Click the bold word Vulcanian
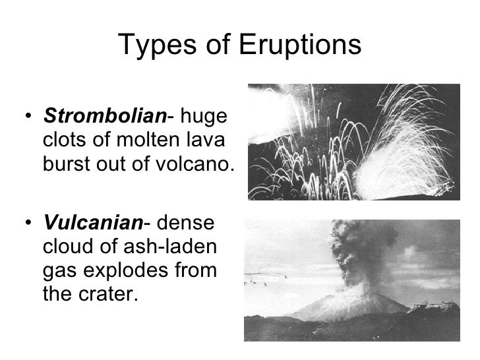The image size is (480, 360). pyautogui.click(x=93, y=224)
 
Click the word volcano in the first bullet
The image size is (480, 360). pyautogui.click(x=195, y=162)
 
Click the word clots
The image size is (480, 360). pyautogui.click(x=63, y=140)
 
